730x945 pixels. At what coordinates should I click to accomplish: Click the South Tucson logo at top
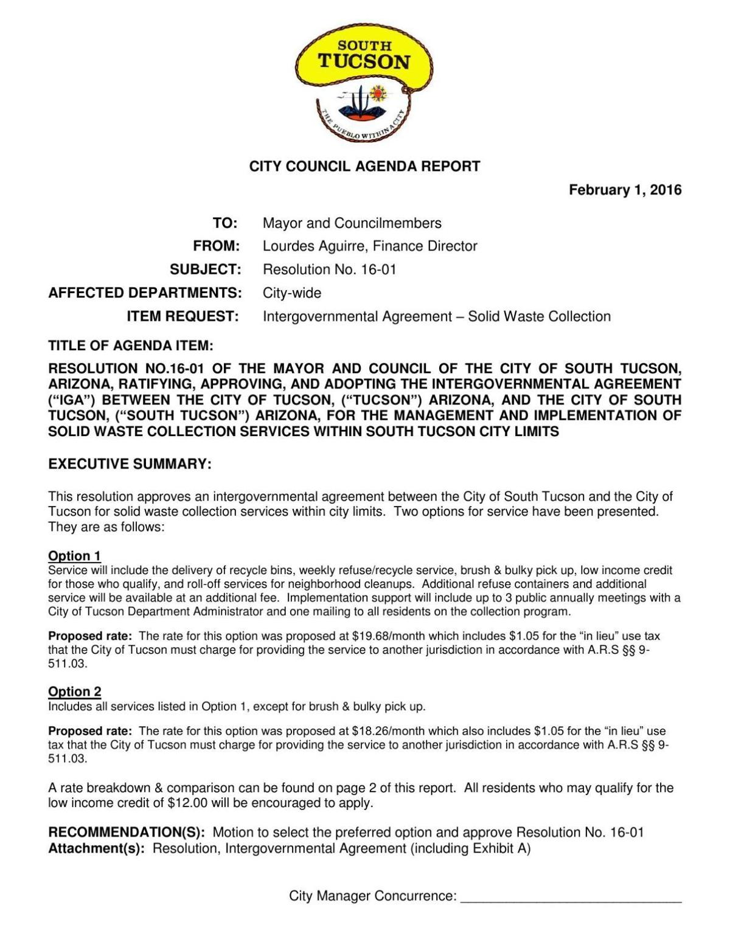tap(364, 85)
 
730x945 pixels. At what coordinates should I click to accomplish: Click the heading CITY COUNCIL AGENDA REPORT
tap(364, 166)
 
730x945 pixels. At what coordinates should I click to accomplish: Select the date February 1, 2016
tap(625, 190)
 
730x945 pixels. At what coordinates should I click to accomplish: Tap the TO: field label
tap(225, 223)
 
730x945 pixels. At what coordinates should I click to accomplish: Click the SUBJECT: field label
tap(205, 269)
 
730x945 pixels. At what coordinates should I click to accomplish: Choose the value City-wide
tap(291, 293)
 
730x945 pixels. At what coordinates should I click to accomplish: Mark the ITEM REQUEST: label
tap(182, 316)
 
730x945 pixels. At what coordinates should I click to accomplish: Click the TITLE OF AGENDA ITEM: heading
tap(131, 346)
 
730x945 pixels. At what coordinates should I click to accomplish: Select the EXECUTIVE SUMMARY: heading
tap(130, 465)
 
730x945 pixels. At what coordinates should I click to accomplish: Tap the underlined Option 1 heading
tap(74, 556)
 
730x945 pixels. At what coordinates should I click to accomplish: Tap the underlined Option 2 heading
tap(74, 691)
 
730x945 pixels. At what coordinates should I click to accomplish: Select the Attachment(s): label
tap(96, 848)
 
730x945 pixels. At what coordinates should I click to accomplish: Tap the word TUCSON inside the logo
tap(364, 62)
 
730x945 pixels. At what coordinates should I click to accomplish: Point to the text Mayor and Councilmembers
tap(352, 223)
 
